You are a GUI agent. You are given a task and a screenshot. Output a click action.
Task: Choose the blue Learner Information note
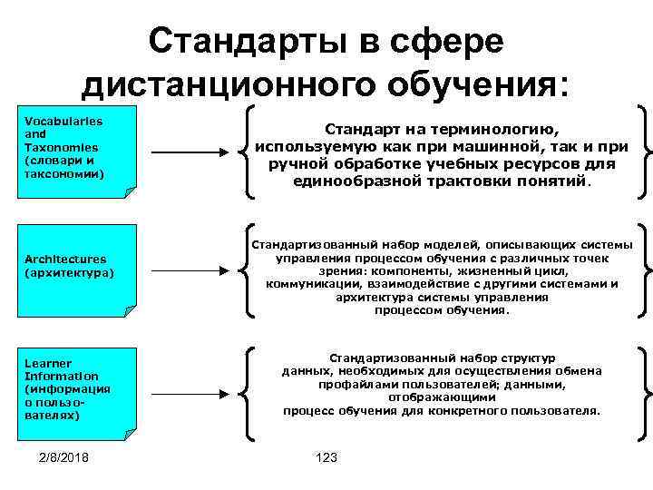(78, 389)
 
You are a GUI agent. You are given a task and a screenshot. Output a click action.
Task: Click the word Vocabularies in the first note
(63, 121)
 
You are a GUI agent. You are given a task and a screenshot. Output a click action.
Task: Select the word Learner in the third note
(48, 363)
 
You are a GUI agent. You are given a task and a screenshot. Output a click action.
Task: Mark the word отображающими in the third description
(442, 397)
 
